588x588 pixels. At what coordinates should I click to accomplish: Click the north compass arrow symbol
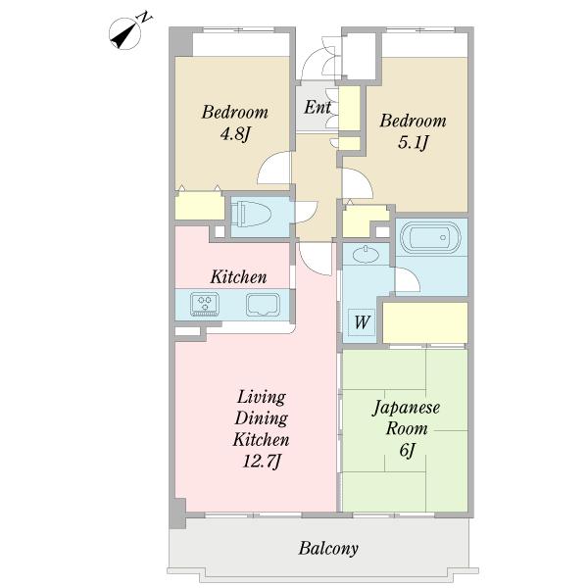[x=125, y=33]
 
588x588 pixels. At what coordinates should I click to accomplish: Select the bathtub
[x=430, y=237]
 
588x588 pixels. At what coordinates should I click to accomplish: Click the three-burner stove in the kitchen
[x=205, y=304]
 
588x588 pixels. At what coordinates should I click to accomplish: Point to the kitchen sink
[x=263, y=305]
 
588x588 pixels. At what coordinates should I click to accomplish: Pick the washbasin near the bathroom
[x=366, y=255]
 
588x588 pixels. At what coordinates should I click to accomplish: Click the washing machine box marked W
[x=362, y=321]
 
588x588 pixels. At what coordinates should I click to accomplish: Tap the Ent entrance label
[x=318, y=107]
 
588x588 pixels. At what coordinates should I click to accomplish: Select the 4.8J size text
[x=235, y=133]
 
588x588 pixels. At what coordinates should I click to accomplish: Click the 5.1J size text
[x=413, y=142]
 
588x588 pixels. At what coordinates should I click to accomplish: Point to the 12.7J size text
[x=262, y=461]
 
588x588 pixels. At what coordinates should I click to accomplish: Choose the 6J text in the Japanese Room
[x=407, y=450]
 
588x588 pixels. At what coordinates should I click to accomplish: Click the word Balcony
[x=328, y=548]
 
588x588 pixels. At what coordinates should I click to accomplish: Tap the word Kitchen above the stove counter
[x=238, y=277]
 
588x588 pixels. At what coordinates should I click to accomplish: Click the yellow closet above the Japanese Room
[x=425, y=322]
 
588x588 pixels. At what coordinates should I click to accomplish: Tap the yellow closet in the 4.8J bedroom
[x=200, y=206]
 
